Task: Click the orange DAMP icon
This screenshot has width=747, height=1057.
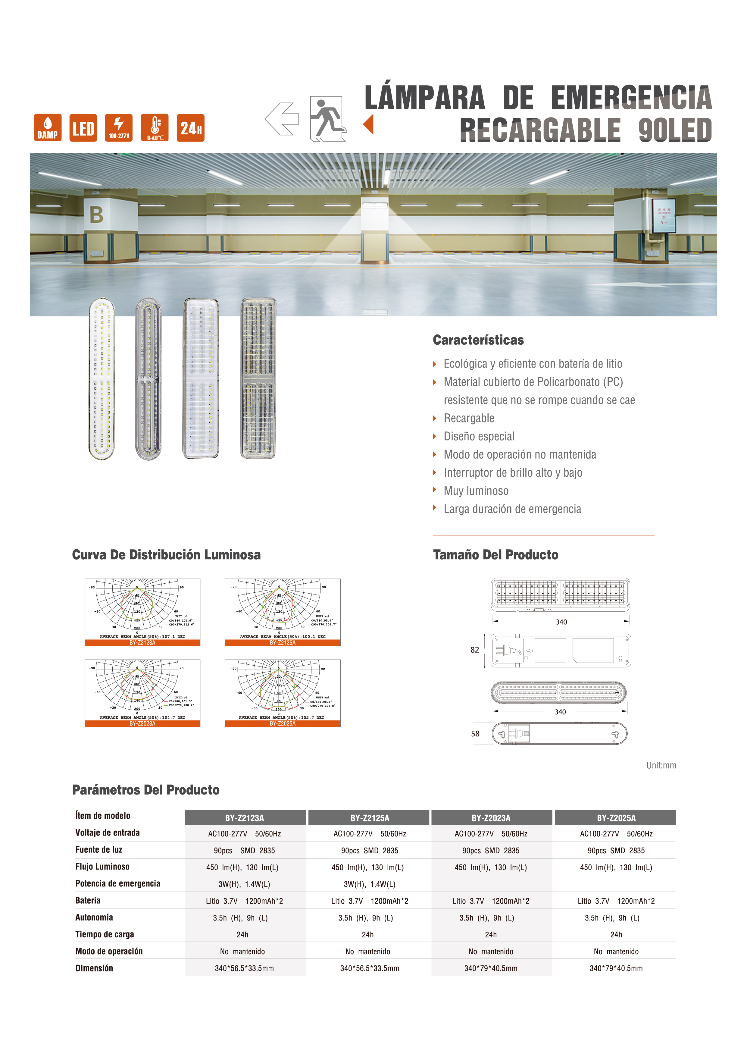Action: coord(47,127)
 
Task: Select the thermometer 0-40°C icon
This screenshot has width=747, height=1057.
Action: coord(155,127)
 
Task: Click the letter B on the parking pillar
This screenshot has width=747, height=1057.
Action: coord(96,215)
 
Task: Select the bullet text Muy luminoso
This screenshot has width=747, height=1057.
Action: coord(476,491)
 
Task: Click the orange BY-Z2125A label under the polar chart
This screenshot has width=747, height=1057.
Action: coord(283,643)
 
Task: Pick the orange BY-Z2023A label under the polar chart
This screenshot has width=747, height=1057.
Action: coord(142,724)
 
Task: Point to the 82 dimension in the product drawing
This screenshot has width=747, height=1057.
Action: coord(474,650)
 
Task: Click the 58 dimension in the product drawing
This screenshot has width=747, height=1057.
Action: coord(475,734)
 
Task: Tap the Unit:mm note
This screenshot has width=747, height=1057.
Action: coord(661,765)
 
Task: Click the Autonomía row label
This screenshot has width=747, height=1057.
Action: coord(94,917)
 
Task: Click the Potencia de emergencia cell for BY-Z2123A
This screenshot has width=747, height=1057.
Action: coord(244,884)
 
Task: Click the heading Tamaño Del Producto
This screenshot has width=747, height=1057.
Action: coord(495,555)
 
